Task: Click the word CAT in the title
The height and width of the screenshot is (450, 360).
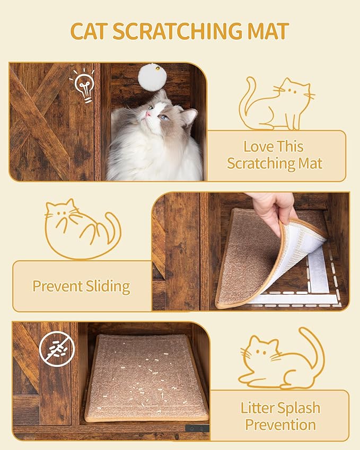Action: (90, 31)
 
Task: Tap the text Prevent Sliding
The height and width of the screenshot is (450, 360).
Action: (81, 286)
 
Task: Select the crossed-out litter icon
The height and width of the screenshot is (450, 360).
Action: (57, 348)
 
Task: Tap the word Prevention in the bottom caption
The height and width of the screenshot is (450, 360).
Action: (280, 425)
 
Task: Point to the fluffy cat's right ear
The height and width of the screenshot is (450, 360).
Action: (189, 116)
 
